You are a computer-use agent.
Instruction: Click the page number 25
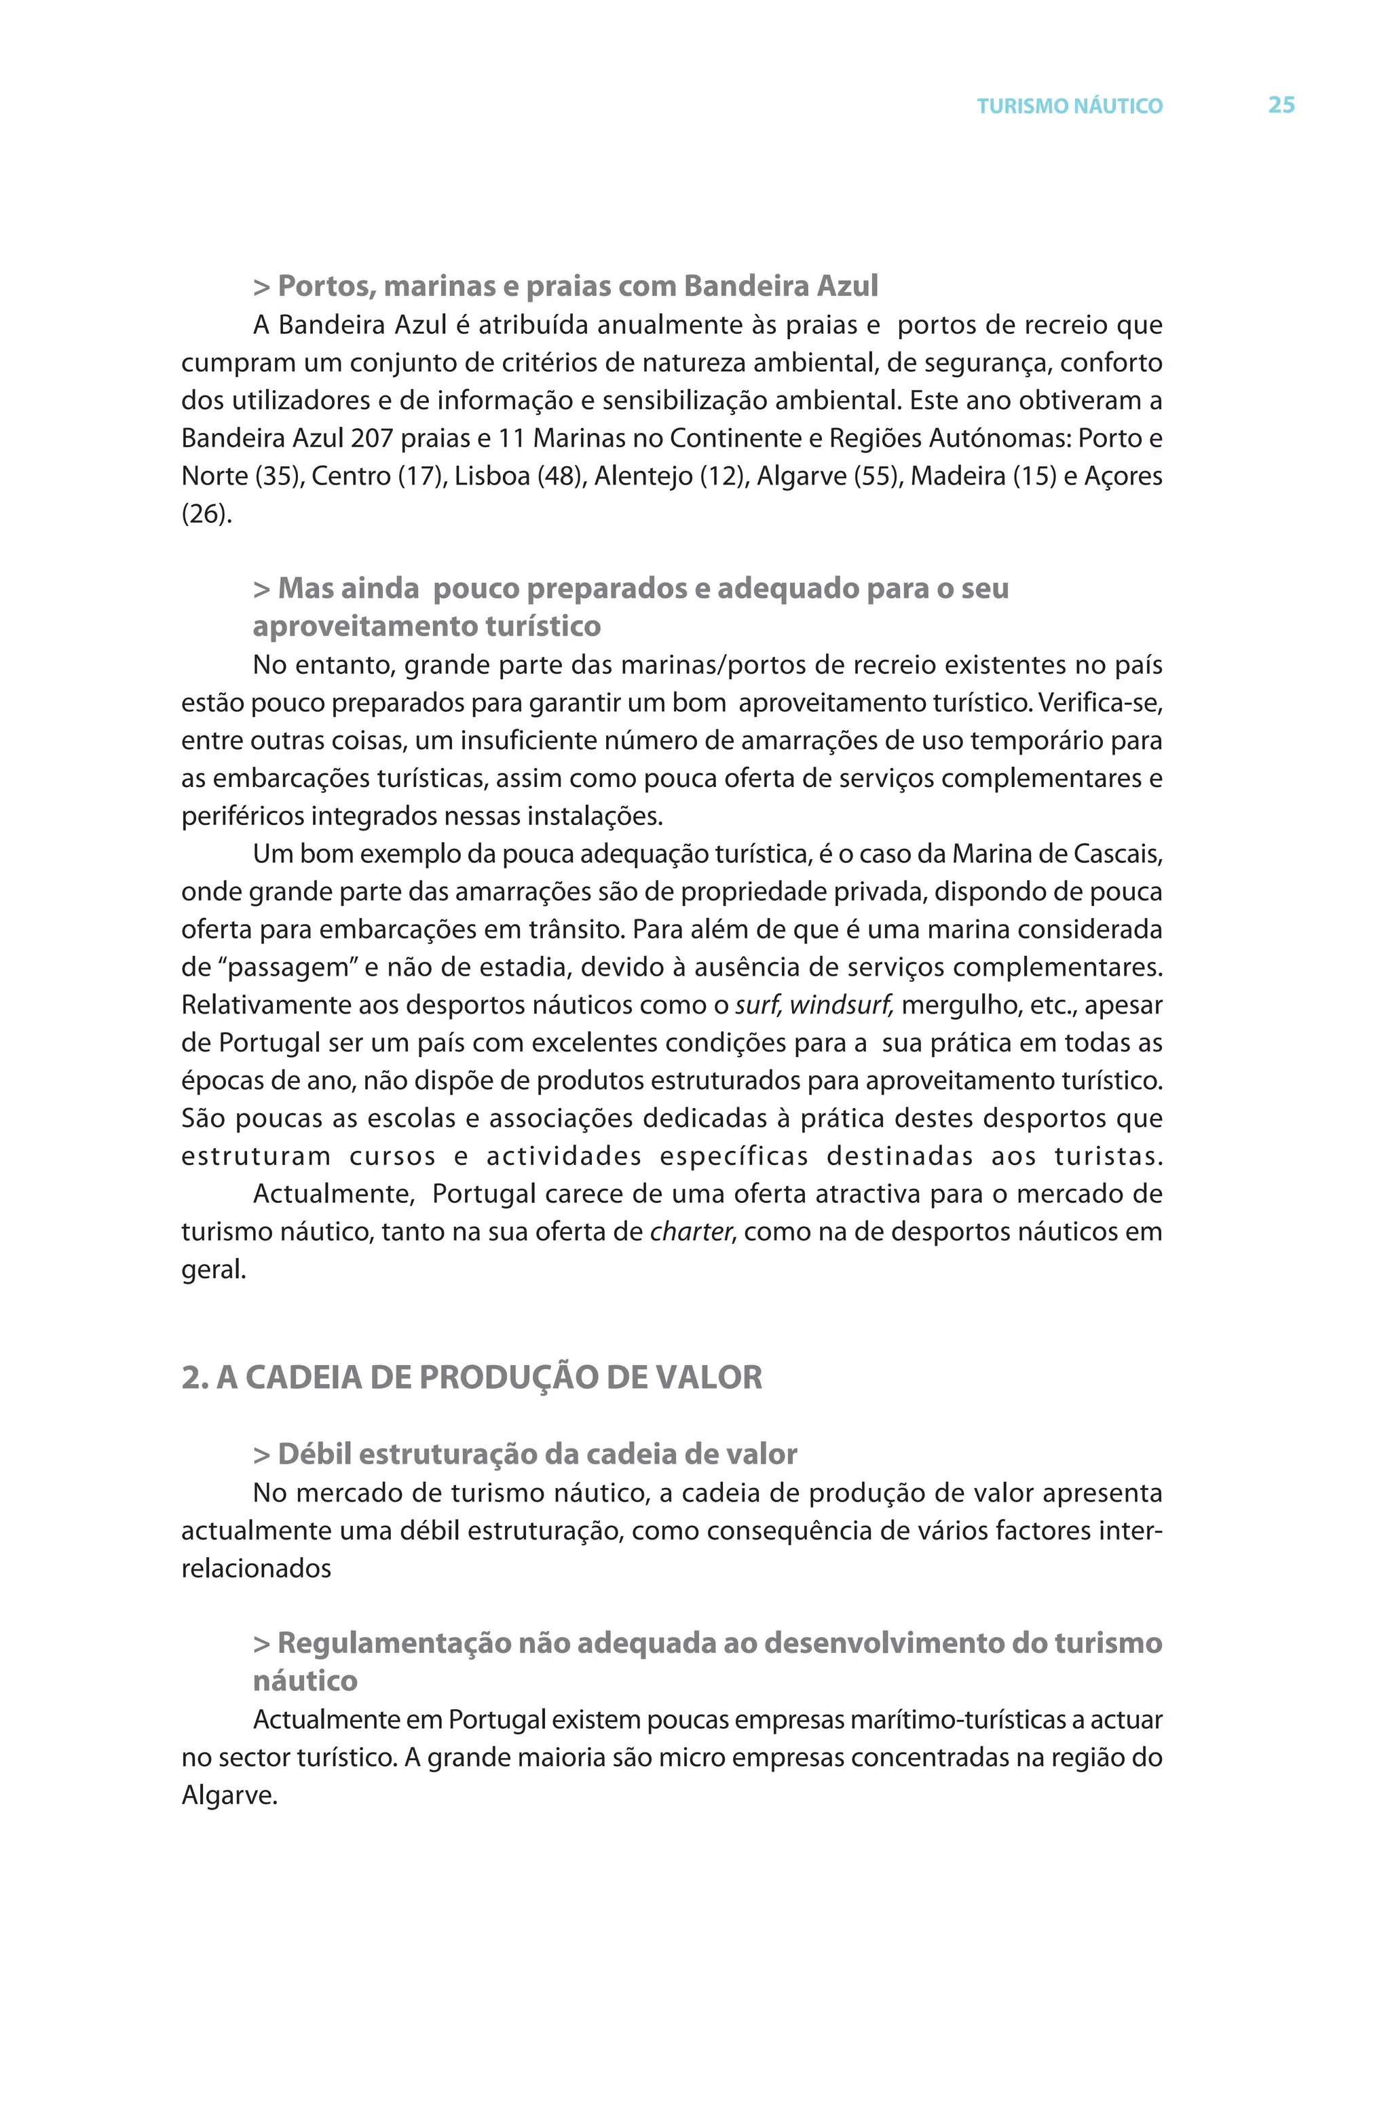pyautogui.click(x=1281, y=104)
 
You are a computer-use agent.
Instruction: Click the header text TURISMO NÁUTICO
pyautogui.click(x=1069, y=107)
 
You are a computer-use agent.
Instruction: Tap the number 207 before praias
pyautogui.click(x=371, y=439)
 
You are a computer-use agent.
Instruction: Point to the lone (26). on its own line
pyautogui.click(x=206, y=514)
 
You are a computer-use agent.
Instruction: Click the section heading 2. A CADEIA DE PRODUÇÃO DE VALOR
pyautogui.click(x=472, y=1377)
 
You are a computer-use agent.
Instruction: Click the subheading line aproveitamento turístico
pyautogui.click(x=426, y=626)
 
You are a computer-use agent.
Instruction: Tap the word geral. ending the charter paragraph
pyautogui.click(x=214, y=1271)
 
